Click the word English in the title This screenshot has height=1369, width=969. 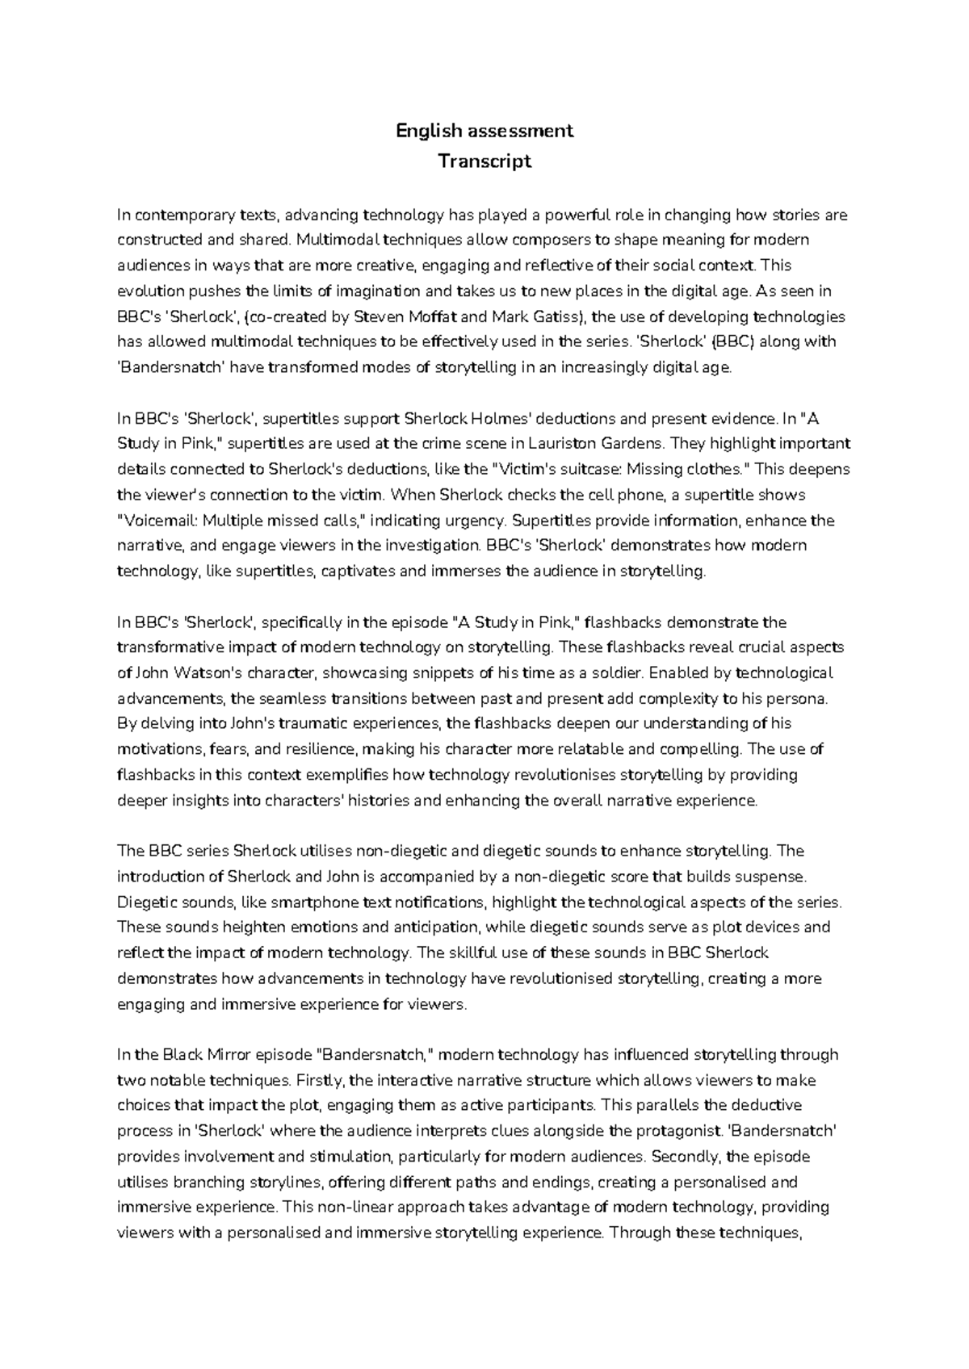point(427,131)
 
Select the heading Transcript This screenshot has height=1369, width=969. point(484,161)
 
